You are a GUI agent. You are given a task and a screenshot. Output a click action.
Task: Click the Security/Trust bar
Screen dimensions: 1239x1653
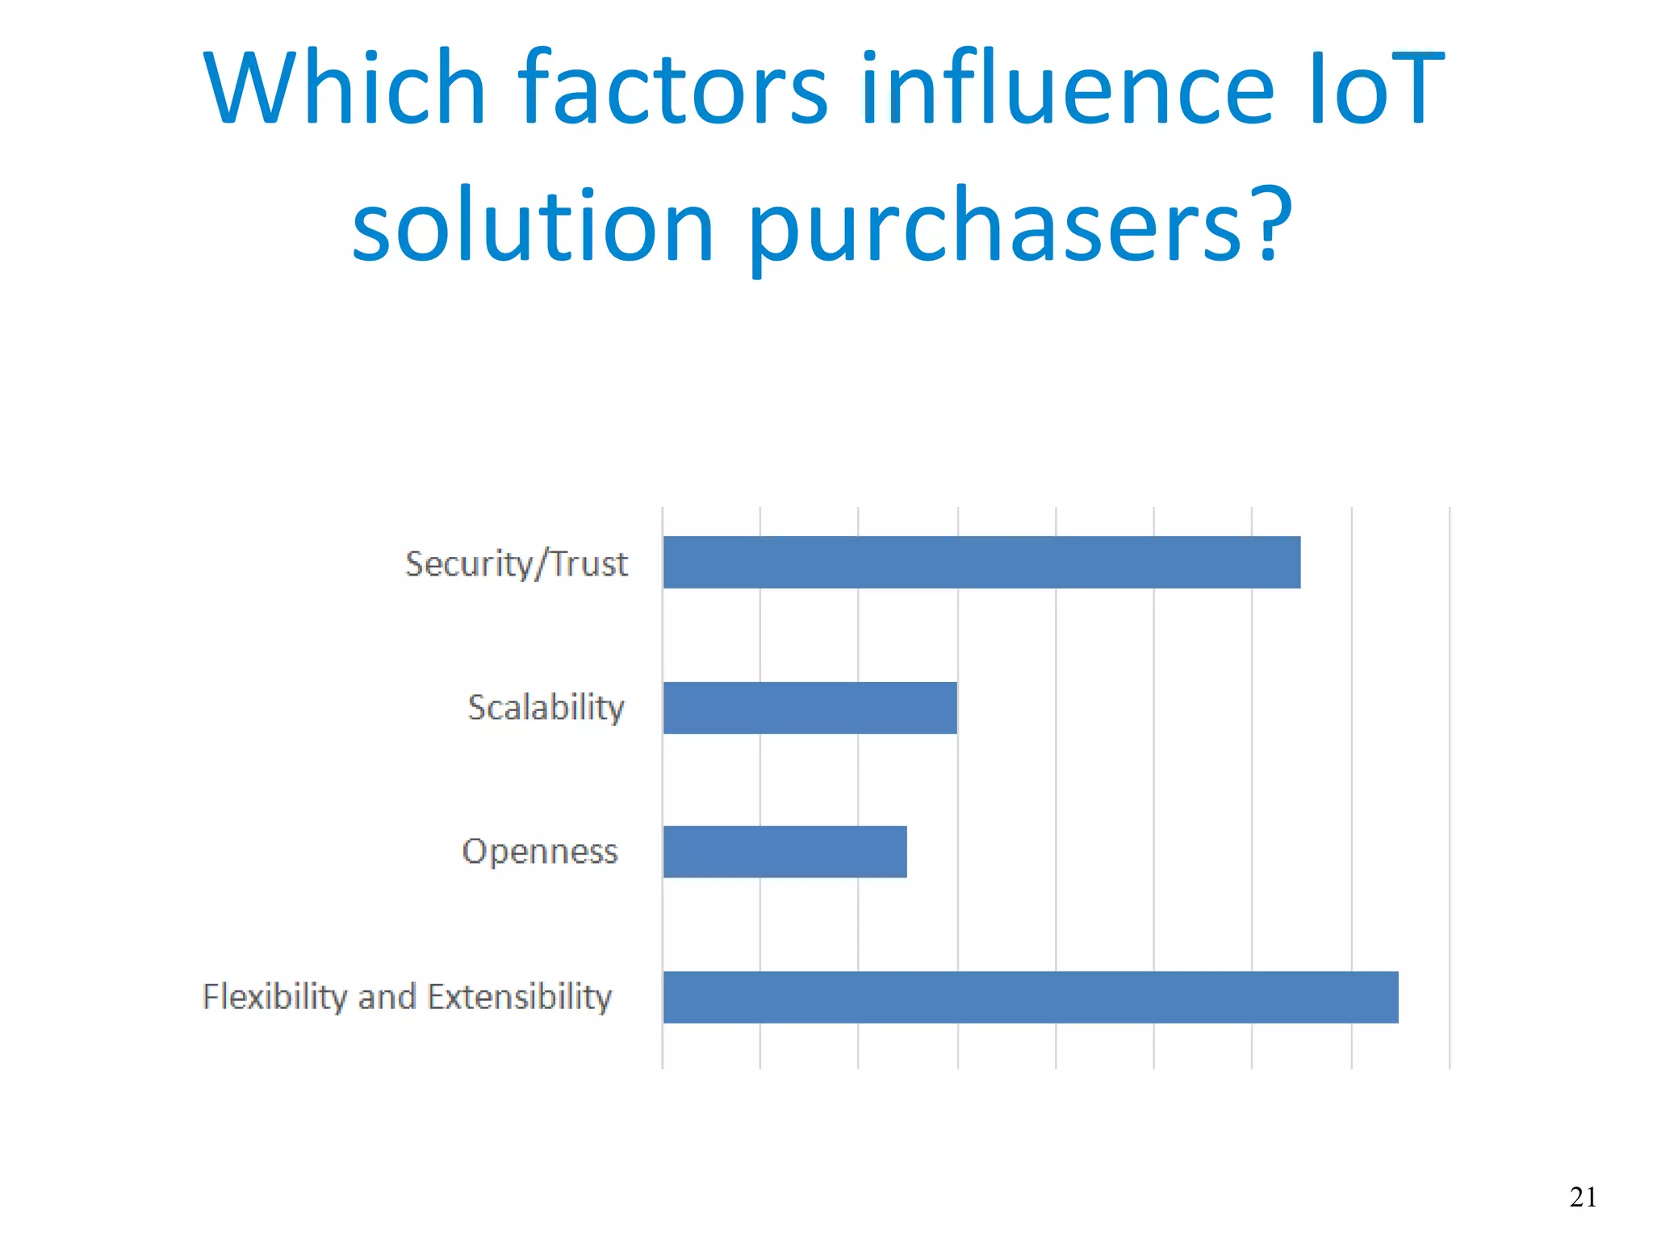point(981,562)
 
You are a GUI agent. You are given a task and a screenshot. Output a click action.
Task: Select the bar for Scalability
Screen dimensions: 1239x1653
point(810,707)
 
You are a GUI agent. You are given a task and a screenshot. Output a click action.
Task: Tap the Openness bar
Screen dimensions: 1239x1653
point(785,851)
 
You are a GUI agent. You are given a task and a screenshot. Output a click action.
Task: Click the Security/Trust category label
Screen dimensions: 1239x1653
point(516,563)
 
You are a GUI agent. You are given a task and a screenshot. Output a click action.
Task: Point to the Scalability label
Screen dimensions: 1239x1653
point(546,708)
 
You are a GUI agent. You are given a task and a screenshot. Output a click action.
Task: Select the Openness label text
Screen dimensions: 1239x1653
point(539,852)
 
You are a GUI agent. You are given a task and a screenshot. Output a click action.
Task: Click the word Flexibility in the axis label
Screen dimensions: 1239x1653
point(274,997)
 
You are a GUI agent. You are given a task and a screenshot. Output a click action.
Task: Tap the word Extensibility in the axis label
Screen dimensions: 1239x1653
point(519,997)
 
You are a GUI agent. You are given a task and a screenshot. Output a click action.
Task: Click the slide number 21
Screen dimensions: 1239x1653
point(1583,1196)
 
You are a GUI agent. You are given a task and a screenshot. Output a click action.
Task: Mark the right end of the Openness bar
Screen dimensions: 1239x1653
point(904,851)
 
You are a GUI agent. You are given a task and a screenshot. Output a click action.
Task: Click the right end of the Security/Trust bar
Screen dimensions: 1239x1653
point(1297,562)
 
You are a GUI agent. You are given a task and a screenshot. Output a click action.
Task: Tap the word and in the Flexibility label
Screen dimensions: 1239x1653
point(387,997)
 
